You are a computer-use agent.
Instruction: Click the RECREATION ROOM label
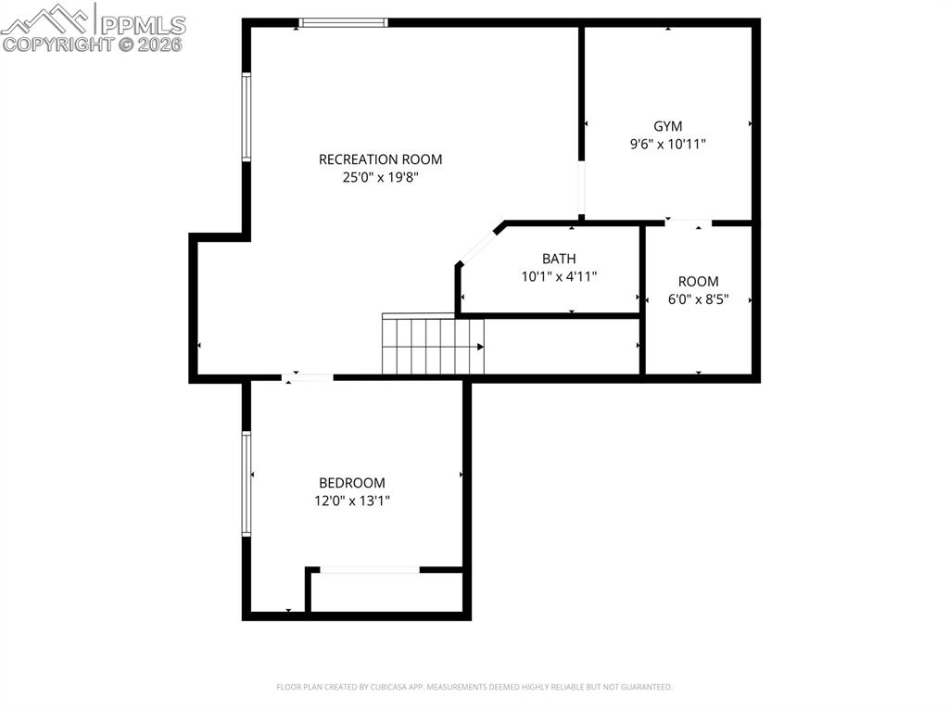(x=380, y=159)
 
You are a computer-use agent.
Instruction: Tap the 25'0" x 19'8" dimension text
(x=380, y=177)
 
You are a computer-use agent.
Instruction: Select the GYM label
(x=667, y=126)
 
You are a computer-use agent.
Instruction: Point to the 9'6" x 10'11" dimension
(x=667, y=145)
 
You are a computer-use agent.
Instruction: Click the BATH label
(x=559, y=259)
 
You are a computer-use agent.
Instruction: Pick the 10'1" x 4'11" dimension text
(x=559, y=276)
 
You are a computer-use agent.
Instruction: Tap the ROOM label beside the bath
(x=698, y=282)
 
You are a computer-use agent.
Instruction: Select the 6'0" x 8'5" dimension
(x=698, y=299)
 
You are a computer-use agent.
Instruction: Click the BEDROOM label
(x=351, y=483)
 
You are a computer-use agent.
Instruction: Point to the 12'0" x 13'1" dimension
(x=351, y=501)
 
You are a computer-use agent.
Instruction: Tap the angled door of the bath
(x=478, y=245)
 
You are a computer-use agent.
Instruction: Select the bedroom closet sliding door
(x=369, y=570)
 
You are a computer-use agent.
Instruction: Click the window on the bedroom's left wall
(x=247, y=483)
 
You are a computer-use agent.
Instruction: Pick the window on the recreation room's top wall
(x=342, y=22)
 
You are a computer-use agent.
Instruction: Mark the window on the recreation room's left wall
(x=247, y=117)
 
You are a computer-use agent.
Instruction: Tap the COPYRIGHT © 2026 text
(x=93, y=44)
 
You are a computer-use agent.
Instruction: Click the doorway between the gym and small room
(x=689, y=222)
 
